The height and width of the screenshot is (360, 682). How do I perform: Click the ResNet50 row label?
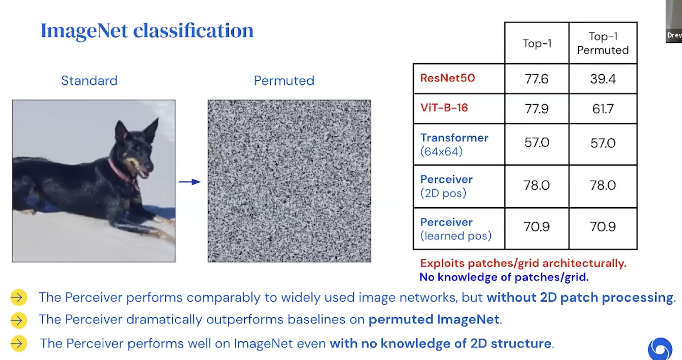[447, 78]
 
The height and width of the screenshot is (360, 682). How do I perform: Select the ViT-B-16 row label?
[444, 108]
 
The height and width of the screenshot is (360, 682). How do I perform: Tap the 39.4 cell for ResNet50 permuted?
[603, 79]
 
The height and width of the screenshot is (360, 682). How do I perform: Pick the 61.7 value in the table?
[603, 109]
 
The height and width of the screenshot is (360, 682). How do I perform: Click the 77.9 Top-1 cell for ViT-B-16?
[536, 109]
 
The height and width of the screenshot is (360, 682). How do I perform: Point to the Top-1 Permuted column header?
[603, 43]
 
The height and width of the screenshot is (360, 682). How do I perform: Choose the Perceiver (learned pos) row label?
[455, 229]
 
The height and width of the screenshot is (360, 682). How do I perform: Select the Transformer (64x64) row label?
[454, 144]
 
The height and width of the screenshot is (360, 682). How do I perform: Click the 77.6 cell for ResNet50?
[536, 79]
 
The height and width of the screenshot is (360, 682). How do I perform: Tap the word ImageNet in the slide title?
[84, 30]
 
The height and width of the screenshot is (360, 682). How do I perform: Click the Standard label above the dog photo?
[89, 81]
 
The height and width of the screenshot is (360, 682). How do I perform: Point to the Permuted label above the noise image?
[284, 81]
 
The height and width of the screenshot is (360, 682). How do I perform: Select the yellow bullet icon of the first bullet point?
[19, 297]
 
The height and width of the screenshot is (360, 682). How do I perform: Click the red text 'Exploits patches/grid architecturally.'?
[523, 263]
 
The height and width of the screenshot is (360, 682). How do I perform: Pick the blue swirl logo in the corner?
[659, 349]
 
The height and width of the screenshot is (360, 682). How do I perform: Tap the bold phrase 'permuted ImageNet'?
[434, 319]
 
